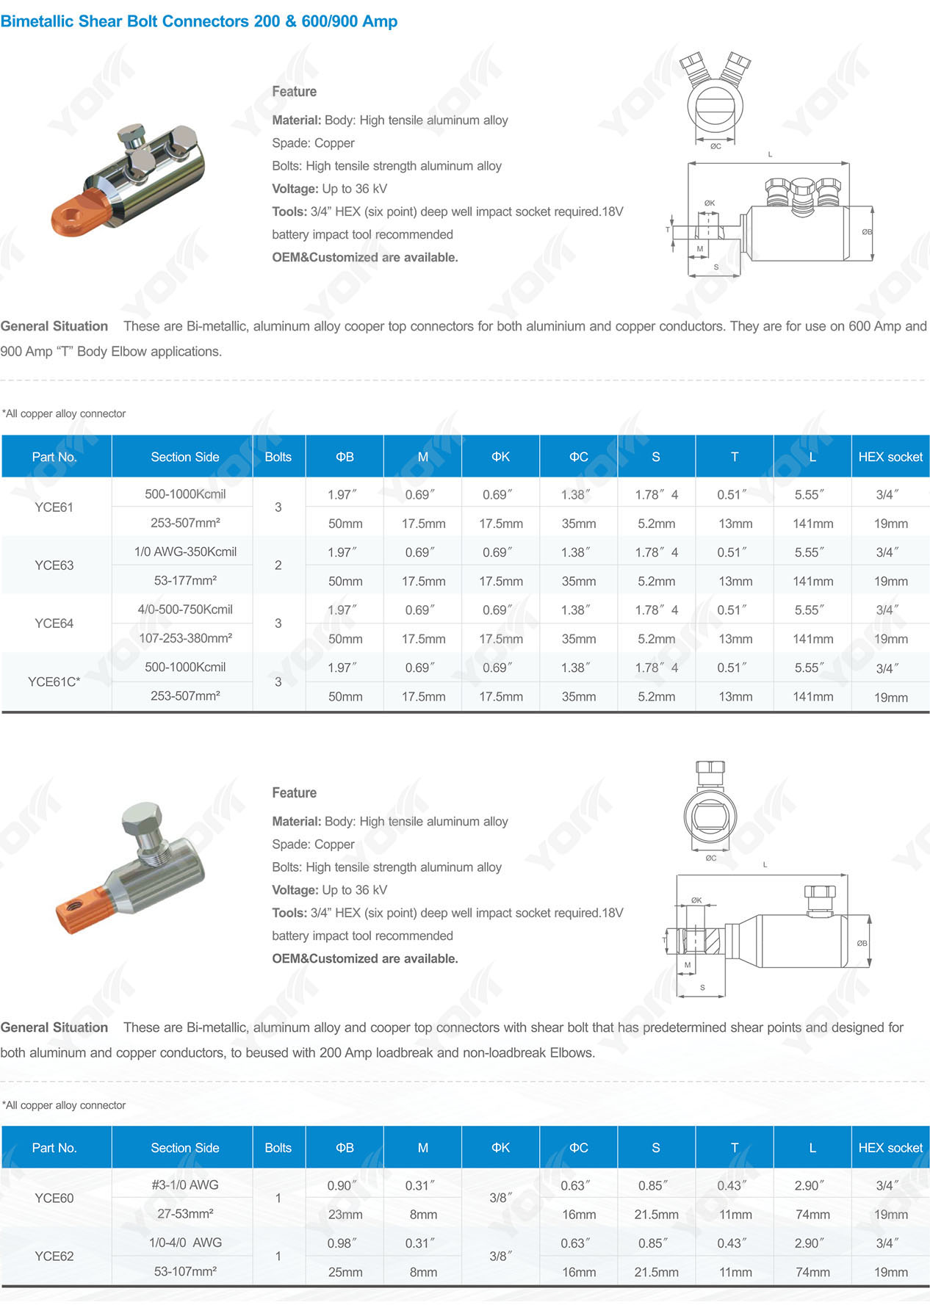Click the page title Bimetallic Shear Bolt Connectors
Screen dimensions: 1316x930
pyautogui.click(x=198, y=21)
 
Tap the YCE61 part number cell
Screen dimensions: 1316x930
pyautogui.click(x=54, y=507)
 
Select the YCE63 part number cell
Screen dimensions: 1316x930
pyautogui.click(x=54, y=565)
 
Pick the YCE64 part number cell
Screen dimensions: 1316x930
pyautogui.click(x=54, y=623)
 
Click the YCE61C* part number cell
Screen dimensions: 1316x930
pyautogui.click(x=54, y=681)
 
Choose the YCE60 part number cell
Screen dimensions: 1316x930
pyautogui.click(x=54, y=1198)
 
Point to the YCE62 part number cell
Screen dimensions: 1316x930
pyautogui.click(x=54, y=1256)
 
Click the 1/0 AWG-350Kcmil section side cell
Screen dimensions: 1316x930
pyautogui.click(x=185, y=552)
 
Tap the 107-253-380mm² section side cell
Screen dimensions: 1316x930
pyautogui.click(x=185, y=638)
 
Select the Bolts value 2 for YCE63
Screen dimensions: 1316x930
pyautogui.click(x=278, y=565)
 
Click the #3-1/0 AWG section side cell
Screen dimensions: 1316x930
pyautogui.click(x=185, y=1185)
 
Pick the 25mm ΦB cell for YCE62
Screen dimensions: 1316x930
pyautogui.click(x=345, y=1272)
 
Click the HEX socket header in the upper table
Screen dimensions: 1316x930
pyautogui.click(x=890, y=457)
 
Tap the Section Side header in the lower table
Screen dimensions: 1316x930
pyautogui.click(x=185, y=1148)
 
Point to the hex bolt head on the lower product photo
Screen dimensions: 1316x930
pyautogui.click(x=141, y=820)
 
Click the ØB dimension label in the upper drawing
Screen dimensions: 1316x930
pyautogui.click(x=867, y=232)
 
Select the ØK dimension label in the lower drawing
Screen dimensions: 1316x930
pyautogui.click(x=696, y=900)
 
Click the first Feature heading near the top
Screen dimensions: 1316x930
pyautogui.click(x=294, y=92)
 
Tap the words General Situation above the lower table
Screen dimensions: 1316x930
pyautogui.click(x=54, y=1027)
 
